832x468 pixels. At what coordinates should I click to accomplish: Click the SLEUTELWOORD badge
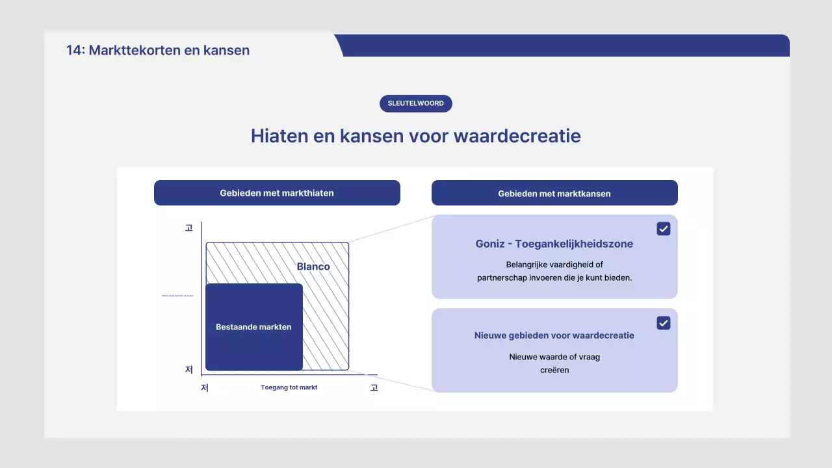click(x=416, y=103)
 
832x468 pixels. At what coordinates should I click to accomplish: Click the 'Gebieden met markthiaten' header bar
click(x=277, y=193)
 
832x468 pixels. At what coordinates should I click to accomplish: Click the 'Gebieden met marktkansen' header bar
click(x=554, y=193)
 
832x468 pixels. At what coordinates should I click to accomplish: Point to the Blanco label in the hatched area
click(x=313, y=266)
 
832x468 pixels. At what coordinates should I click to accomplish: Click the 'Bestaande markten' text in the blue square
click(x=253, y=327)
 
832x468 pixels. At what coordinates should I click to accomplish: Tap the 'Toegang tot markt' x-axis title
click(x=289, y=387)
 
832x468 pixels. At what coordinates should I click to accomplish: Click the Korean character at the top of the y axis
click(x=189, y=228)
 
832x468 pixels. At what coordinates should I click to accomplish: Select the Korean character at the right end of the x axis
click(x=374, y=388)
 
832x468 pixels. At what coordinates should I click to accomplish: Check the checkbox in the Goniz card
click(x=663, y=229)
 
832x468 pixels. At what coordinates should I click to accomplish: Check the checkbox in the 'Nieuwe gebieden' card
click(x=663, y=323)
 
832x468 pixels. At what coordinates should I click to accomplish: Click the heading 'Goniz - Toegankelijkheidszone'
click(x=554, y=244)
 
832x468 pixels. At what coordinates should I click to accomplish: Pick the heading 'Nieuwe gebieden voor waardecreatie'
click(x=554, y=335)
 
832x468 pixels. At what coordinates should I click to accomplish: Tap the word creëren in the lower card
click(x=554, y=370)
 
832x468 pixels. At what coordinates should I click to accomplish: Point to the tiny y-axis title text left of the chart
click(x=177, y=296)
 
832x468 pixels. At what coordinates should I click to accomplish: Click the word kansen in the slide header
click(x=230, y=50)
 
